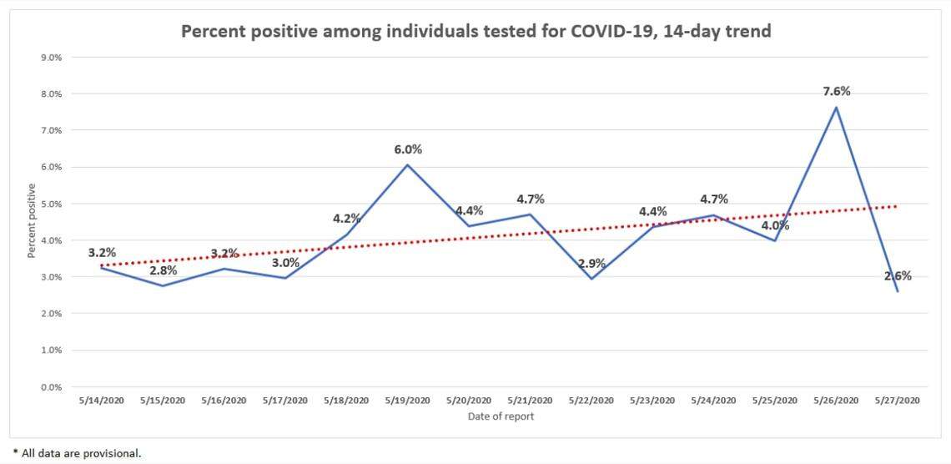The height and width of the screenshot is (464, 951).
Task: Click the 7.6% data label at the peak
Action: point(836,91)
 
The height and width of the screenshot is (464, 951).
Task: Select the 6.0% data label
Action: point(408,149)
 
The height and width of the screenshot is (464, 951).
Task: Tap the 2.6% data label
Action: point(898,275)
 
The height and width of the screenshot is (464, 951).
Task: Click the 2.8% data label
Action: point(164,270)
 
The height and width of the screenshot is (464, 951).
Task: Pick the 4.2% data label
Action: point(346,219)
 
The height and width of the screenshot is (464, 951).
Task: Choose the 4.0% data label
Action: point(774,225)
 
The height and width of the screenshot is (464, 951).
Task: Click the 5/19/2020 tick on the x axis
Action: point(408,401)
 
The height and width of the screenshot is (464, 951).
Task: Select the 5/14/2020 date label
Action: point(102,401)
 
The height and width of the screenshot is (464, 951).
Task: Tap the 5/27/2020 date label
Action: point(897,401)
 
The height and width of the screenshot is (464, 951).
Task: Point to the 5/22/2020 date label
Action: point(591,401)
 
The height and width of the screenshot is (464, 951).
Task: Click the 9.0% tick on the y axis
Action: point(52,58)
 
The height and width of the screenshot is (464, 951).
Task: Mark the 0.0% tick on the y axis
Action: point(52,387)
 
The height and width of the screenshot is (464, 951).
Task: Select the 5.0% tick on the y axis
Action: point(52,204)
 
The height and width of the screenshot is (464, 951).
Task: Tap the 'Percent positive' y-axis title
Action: point(32,221)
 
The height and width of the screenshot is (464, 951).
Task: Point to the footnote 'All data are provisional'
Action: point(81,452)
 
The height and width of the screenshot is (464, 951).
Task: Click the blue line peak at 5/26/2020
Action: point(836,107)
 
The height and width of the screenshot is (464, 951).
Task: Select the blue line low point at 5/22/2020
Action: point(591,279)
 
